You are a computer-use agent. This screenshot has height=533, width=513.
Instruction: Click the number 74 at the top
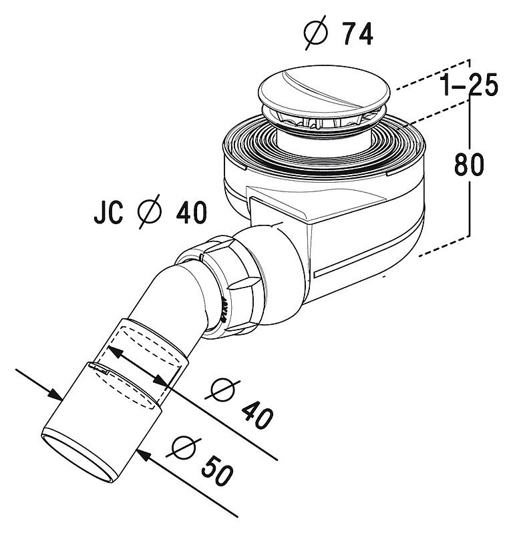point(357,33)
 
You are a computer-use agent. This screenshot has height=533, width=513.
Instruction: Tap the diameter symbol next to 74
point(316,33)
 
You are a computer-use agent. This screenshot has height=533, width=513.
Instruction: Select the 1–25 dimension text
point(469,85)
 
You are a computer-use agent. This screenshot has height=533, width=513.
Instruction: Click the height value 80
point(469,164)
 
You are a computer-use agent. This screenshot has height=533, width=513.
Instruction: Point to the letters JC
point(109,212)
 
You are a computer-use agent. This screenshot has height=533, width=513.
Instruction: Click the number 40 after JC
point(191,212)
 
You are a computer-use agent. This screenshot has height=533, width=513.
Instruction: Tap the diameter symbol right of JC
point(149,211)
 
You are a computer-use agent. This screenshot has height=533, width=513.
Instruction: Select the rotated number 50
point(217,471)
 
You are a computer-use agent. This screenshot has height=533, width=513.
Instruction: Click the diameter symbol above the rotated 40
point(222,390)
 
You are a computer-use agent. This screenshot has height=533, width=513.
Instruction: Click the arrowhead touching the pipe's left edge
point(54,394)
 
